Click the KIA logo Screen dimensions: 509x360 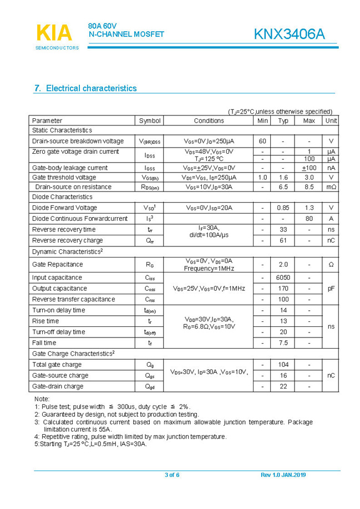point(54,33)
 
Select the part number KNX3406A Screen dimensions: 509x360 point(289,34)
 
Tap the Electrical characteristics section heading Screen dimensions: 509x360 point(85,88)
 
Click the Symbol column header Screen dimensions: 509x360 point(150,120)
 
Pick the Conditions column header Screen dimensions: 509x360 point(209,120)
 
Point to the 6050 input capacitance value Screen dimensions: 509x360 point(283,278)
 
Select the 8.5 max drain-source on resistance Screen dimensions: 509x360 point(309,187)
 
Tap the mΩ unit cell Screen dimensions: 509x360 point(331,187)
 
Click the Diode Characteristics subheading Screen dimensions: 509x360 point(62,197)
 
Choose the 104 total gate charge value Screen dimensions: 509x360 point(283,365)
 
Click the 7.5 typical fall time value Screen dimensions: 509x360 point(283,343)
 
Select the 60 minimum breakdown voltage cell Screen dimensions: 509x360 point(262,141)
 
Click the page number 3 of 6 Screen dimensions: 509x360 point(172,475)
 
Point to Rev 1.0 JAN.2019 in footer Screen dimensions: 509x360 point(283,475)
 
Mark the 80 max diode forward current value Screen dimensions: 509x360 point(309,219)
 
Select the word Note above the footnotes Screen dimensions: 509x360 point(42,399)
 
